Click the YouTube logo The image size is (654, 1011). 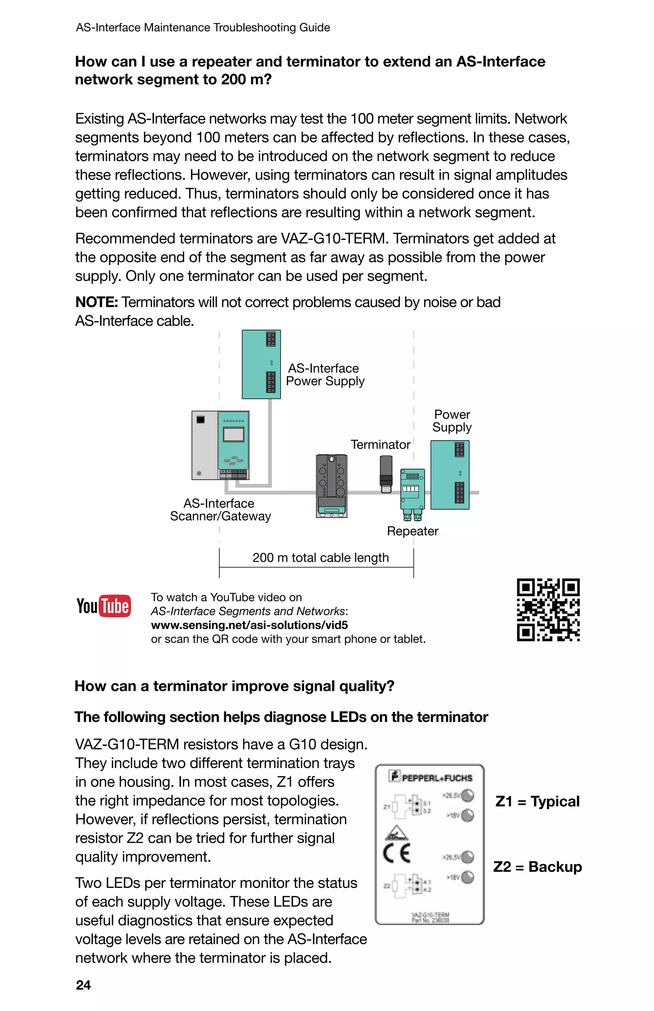[x=103, y=606]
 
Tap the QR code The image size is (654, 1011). [x=548, y=610]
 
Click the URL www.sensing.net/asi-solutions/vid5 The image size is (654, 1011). [x=249, y=625]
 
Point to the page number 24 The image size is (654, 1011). [x=83, y=985]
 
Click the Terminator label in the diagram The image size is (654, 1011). [x=380, y=444]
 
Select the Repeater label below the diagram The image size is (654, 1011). [x=412, y=531]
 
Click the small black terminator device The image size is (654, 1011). [x=386, y=473]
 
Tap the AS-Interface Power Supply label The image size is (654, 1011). [x=325, y=375]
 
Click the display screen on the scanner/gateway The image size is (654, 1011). [x=233, y=435]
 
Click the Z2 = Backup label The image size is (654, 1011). [x=537, y=867]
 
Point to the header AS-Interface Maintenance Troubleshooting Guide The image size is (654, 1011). [x=203, y=27]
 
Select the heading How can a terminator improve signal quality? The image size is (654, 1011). [x=234, y=686]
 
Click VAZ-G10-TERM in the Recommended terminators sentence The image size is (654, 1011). [x=334, y=239]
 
